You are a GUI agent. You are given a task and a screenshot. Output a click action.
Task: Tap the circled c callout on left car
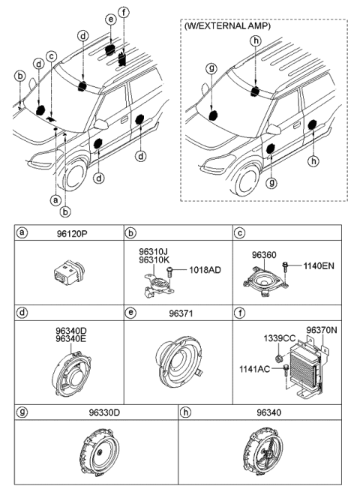pos(51,55)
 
